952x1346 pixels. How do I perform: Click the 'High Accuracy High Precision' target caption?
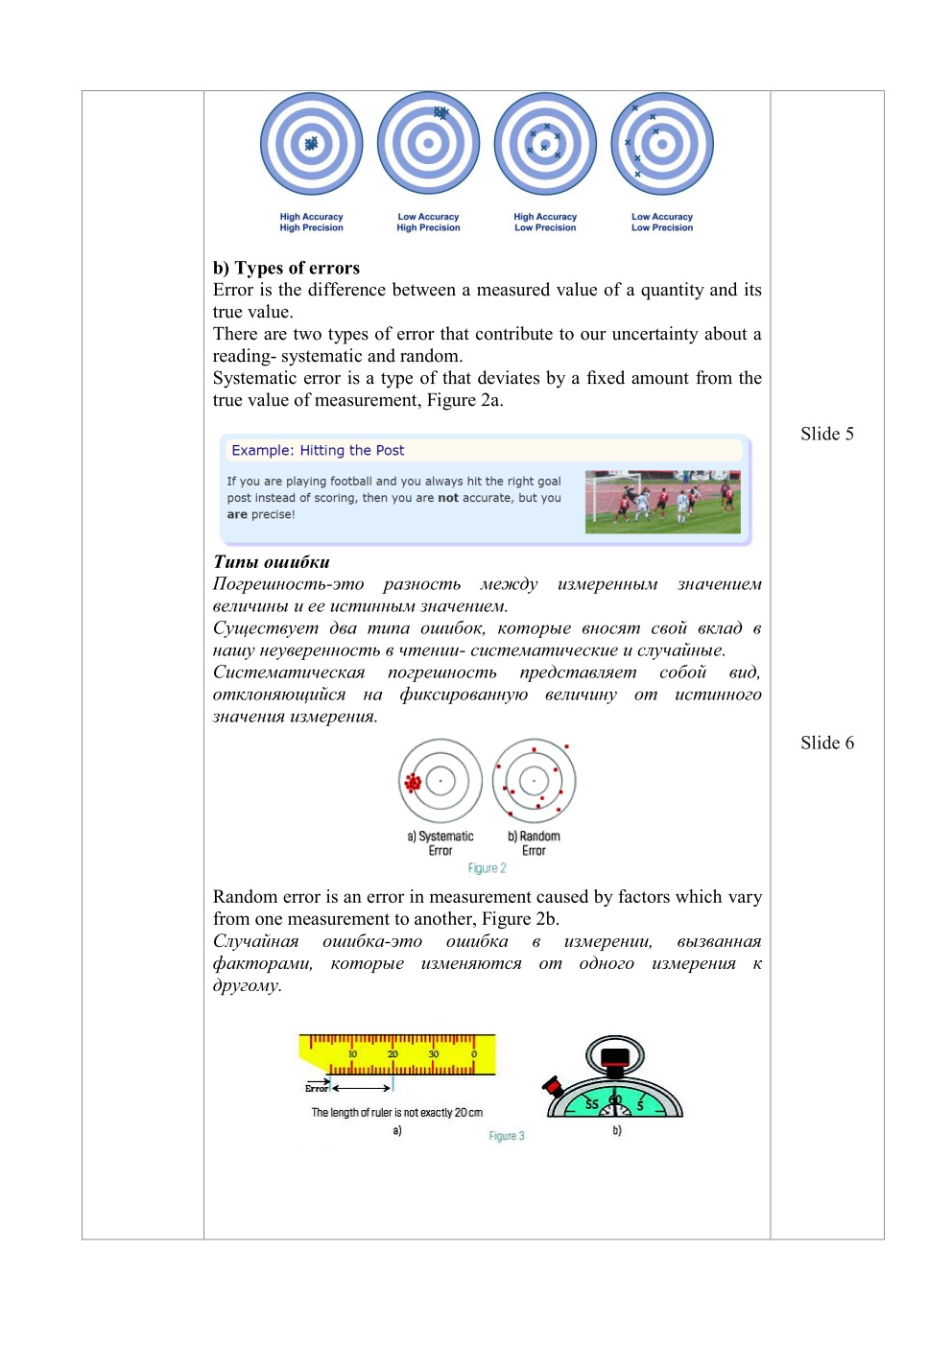click(x=311, y=223)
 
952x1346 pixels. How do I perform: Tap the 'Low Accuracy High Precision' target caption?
click(x=428, y=223)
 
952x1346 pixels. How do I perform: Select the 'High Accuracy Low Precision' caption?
click(x=545, y=223)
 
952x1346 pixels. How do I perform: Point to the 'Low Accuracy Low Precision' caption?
click(x=662, y=223)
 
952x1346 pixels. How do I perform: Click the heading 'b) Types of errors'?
click(x=286, y=268)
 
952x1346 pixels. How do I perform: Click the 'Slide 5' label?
click(x=826, y=434)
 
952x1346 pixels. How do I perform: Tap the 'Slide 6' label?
click(x=826, y=743)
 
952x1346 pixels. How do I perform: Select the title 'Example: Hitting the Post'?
click(x=318, y=450)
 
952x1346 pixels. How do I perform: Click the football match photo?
click(x=662, y=501)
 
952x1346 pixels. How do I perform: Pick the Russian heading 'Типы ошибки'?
click(x=272, y=562)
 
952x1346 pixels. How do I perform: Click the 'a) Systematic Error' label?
click(x=440, y=843)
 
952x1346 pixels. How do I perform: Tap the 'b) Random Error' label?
click(x=534, y=843)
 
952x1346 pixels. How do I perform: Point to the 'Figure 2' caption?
click(x=487, y=868)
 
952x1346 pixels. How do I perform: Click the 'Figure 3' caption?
click(x=506, y=1136)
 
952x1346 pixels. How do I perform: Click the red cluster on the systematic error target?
click(x=414, y=783)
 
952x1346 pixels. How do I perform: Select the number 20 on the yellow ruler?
click(x=393, y=1054)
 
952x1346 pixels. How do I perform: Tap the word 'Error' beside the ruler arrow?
click(x=316, y=1088)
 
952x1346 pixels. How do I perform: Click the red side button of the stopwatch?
click(x=553, y=1087)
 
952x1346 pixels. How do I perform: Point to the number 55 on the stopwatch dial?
click(x=592, y=1104)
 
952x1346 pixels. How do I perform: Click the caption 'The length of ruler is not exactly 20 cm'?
click(x=396, y=1113)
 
